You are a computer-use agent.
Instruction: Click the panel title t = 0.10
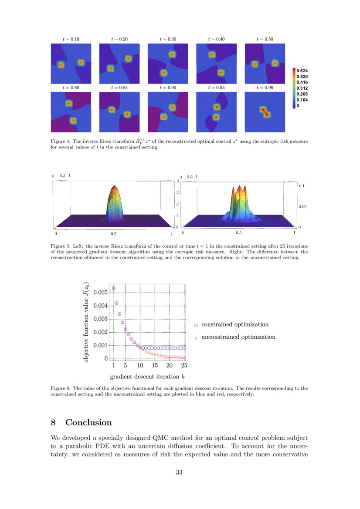pos(71,39)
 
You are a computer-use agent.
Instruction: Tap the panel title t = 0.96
pos(265,88)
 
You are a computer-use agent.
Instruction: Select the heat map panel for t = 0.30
pos(168,63)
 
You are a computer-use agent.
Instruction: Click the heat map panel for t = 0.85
pos(119,111)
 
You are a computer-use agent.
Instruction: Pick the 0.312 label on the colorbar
pos(304,88)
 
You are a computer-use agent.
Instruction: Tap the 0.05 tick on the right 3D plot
pos(302,207)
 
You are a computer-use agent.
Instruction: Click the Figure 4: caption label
pos(61,142)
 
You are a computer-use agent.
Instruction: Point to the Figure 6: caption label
pos(61,388)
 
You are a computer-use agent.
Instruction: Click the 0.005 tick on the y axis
pos(100,292)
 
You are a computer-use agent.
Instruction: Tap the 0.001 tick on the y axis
pos(100,345)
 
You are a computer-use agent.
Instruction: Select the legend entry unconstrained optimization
pos(238,337)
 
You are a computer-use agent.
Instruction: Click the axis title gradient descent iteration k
pos(150,376)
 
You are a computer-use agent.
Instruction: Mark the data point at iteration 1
pos(114,288)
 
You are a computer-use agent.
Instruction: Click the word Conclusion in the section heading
pos(88,423)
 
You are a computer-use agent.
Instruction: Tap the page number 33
pos(179,473)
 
